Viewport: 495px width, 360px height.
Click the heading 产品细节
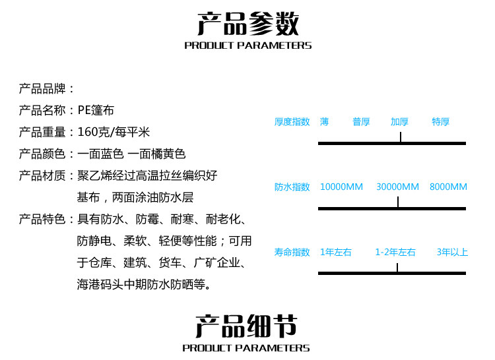[x=246, y=326]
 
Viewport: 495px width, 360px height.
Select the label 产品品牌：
[x=47, y=89]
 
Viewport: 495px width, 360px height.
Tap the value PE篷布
[x=96, y=110]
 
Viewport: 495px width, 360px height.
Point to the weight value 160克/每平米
[x=114, y=132]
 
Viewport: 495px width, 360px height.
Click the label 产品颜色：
[x=47, y=154]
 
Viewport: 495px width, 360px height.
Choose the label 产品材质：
[x=47, y=175]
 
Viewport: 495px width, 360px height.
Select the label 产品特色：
[x=47, y=219]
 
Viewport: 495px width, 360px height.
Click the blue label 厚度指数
[x=292, y=122]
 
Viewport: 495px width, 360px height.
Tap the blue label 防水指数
[x=292, y=187]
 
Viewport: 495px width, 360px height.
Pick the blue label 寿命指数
[x=292, y=253]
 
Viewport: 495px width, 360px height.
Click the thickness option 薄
[x=324, y=122]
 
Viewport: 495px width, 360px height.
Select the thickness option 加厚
[x=399, y=122]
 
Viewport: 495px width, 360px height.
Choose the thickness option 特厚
[x=441, y=122]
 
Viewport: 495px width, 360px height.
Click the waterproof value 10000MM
[x=341, y=187]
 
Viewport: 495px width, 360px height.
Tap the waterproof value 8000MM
[x=448, y=187]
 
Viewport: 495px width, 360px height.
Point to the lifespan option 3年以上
[x=452, y=253]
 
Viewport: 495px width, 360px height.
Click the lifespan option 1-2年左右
[x=395, y=253]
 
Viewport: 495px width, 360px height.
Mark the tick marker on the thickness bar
[x=400, y=137]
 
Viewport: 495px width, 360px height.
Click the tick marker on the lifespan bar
[x=397, y=268]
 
